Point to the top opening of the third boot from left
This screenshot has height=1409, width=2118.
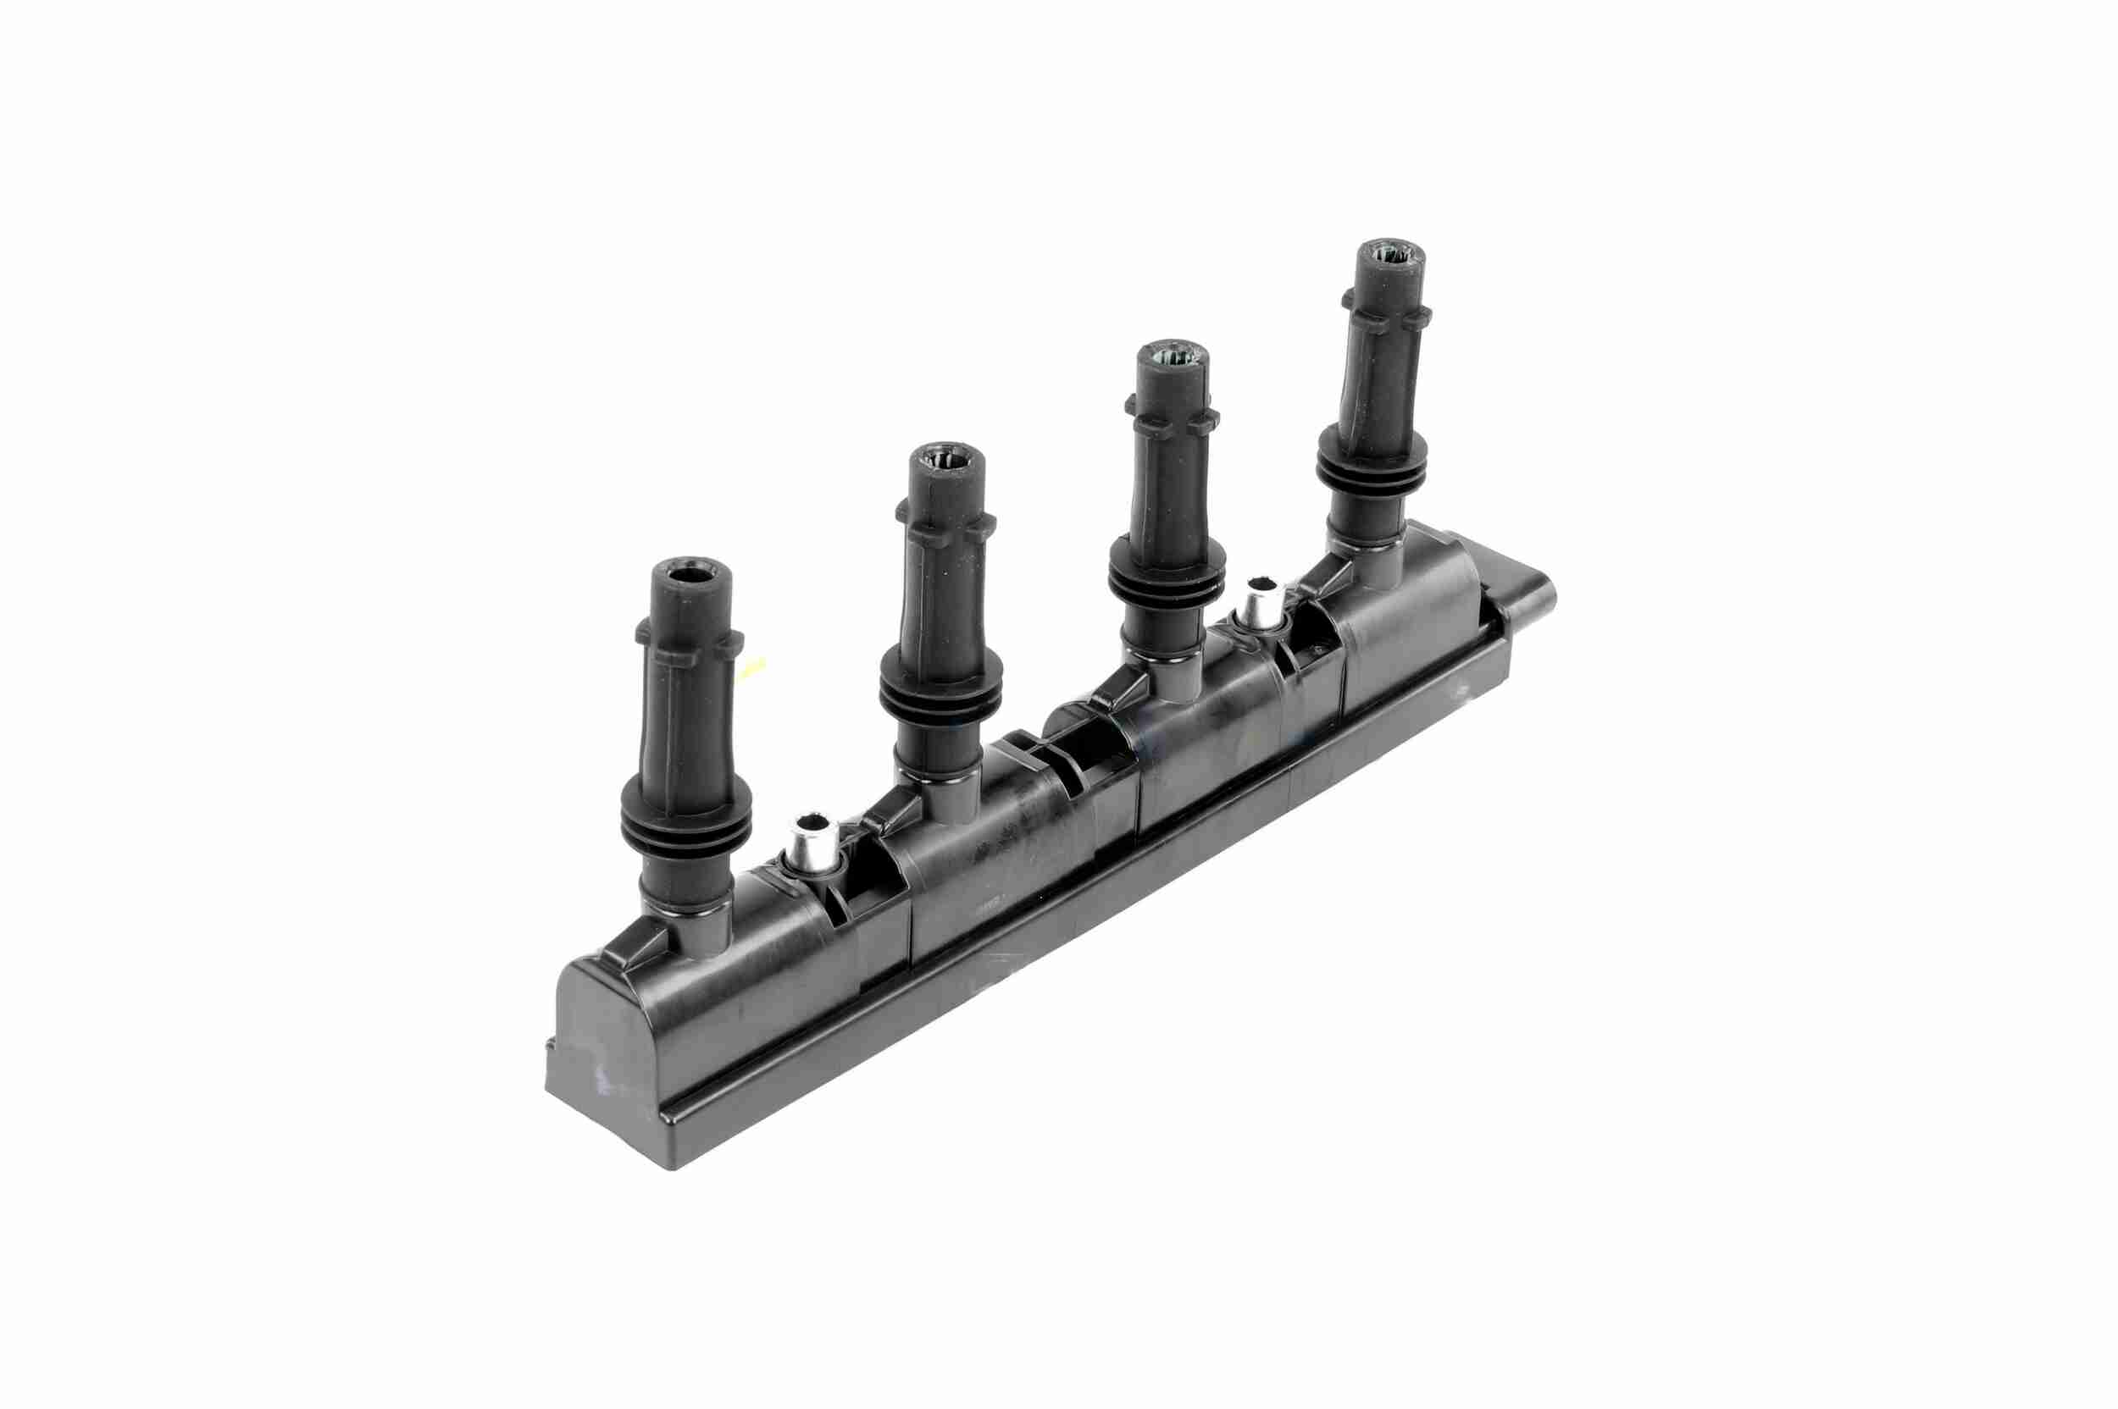coord(1172,356)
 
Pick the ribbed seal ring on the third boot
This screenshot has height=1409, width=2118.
coord(1167,582)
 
